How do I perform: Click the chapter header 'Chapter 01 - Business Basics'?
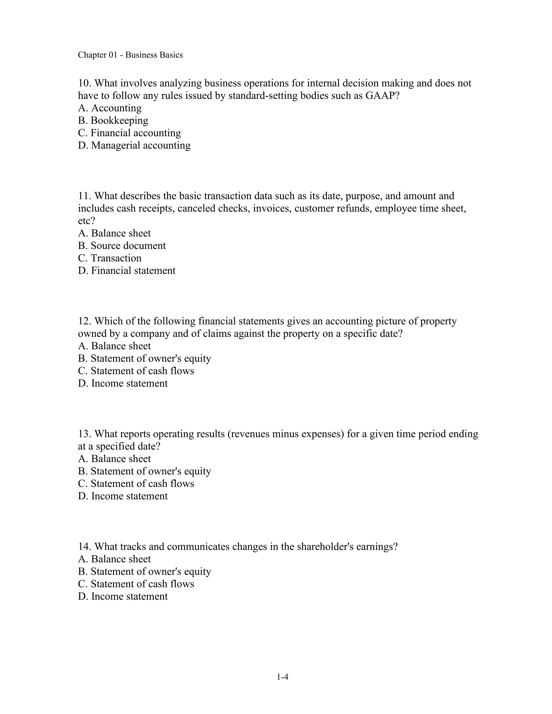130,55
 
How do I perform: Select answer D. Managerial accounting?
134,145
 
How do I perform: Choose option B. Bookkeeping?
113,120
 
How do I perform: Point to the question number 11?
84,196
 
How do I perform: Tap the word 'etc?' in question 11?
86,221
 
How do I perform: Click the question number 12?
84,321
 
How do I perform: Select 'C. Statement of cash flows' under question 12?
136,371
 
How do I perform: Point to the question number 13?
84,434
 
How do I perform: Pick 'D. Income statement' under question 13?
123,496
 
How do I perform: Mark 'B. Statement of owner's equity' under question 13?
144,471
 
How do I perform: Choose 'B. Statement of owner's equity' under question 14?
144,571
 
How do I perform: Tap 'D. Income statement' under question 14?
123,596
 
